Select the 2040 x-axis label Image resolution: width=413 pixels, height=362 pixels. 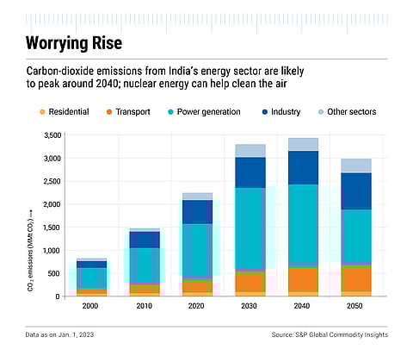coord(304,306)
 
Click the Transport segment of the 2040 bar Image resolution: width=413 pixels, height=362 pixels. coord(304,279)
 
